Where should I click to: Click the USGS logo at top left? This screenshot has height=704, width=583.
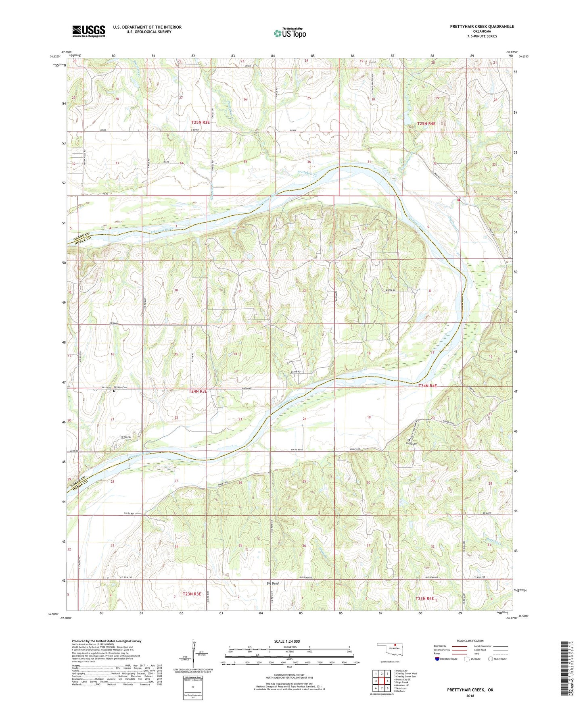[89, 31]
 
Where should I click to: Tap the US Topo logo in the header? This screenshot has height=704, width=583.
[290, 33]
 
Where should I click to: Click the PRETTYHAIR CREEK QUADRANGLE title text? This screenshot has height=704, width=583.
[482, 27]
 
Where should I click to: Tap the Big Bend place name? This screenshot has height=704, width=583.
[273, 583]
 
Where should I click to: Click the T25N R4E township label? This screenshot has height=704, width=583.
[426, 123]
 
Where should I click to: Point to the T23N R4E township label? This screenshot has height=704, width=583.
[424, 599]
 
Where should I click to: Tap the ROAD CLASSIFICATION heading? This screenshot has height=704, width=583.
[470, 641]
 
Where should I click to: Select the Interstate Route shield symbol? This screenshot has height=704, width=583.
[437, 659]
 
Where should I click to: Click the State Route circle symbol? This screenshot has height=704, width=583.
[491, 659]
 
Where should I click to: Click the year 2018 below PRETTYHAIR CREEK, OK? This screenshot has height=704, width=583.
[470, 696]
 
